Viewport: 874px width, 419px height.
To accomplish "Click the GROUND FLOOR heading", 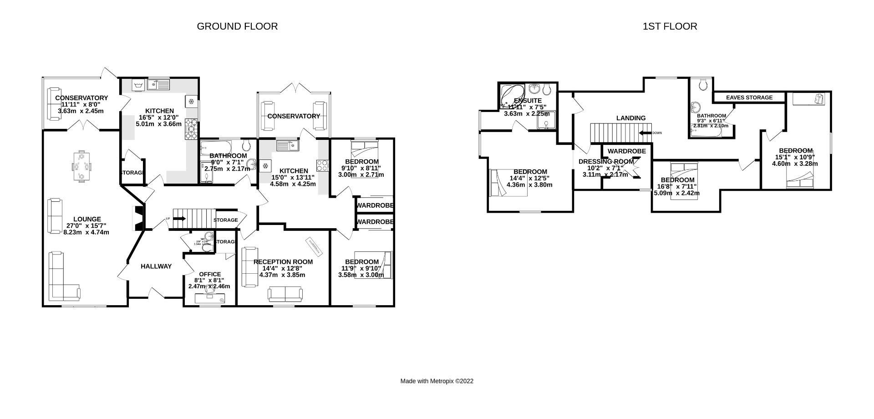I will [237, 26].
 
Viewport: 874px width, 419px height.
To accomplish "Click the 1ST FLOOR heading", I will [670, 26].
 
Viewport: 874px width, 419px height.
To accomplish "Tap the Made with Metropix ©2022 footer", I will [437, 381].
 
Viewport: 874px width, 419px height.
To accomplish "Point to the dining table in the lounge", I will [82, 166].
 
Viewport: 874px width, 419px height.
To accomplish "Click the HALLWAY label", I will [156, 266].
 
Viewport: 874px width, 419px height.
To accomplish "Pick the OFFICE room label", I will [210, 274].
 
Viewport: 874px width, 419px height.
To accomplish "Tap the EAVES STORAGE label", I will [749, 97].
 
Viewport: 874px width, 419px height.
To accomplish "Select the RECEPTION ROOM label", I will [283, 262].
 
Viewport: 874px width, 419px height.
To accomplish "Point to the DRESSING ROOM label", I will [606, 162].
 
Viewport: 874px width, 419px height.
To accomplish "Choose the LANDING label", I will [631, 118].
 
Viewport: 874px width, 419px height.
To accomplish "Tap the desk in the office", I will [210, 298].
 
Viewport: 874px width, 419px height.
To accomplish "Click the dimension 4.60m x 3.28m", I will [795, 164].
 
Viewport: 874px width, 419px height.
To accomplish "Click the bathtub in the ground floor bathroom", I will [216, 148].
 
